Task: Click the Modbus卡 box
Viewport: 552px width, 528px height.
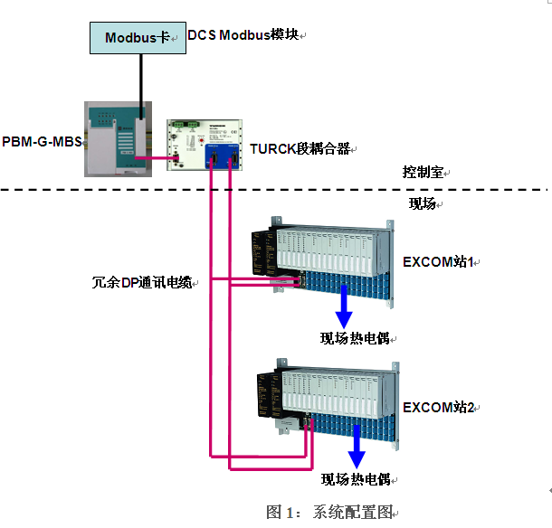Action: (x=137, y=38)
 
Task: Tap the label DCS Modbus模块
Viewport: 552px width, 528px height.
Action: (x=243, y=35)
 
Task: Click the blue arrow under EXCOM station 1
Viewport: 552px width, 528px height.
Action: (x=345, y=308)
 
